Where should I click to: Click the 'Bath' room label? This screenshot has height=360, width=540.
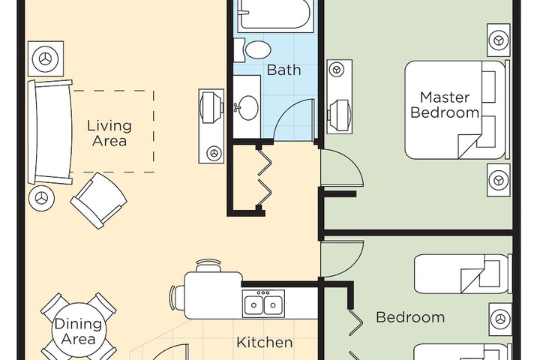(x=283, y=70)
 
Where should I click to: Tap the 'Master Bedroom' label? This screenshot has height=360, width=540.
(x=445, y=105)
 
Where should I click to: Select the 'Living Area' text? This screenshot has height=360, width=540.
(x=109, y=133)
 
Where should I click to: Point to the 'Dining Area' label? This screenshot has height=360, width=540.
(x=79, y=331)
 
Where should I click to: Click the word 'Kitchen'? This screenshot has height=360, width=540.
(x=265, y=343)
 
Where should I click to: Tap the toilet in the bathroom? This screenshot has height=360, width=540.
(x=253, y=50)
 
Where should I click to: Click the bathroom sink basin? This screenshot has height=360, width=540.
(x=248, y=108)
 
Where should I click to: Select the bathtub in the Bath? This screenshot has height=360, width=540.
(x=275, y=16)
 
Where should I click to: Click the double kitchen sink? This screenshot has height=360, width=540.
(x=263, y=304)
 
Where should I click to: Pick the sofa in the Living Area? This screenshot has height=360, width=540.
(x=51, y=132)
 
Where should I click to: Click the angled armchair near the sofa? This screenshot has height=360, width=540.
(x=98, y=201)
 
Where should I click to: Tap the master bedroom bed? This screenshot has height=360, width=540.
(x=456, y=110)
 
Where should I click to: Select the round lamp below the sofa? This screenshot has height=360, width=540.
(x=42, y=199)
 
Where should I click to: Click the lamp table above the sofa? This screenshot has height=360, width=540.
(x=46, y=58)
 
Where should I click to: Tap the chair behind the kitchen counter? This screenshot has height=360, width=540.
(x=207, y=266)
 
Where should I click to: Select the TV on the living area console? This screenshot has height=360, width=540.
(x=211, y=107)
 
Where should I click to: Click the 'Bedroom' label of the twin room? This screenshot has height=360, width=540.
(x=410, y=317)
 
